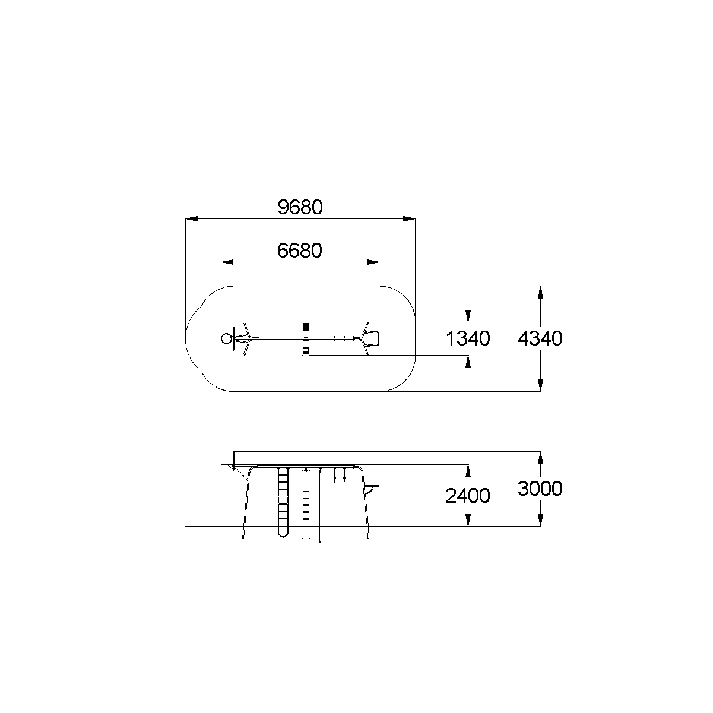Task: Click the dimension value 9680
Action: (x=300, y=207)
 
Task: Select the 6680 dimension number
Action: (x=300, y=251)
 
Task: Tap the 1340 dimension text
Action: (x=468, y=338)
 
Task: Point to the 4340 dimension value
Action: (x=540, y=338)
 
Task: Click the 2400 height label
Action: (x=468, y=496)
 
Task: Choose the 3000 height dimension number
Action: (x=540, y=489)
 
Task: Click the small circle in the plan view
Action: (x=226, y=338)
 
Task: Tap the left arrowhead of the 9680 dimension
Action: (x=191, y=219)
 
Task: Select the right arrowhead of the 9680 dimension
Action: (x=409, y=219)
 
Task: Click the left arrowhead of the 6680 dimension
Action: (x=227, y=262)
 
